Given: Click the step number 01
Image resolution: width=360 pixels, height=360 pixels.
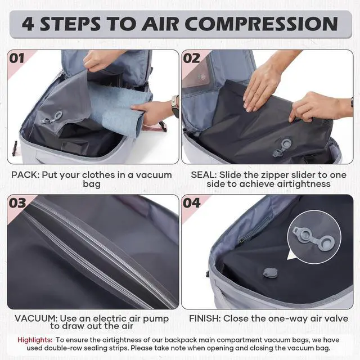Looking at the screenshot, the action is click(x=16, y=58).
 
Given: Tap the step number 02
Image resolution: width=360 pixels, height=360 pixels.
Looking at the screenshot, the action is click(x=191, y=58).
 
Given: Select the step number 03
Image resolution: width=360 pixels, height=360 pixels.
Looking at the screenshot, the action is click(x=17, y=203).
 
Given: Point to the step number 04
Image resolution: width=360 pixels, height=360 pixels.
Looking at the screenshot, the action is click(x=192, y=203).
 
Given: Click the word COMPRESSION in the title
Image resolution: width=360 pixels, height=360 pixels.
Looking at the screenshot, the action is click(x=261, y=24).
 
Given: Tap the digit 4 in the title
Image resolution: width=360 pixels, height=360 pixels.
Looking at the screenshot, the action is click(x=28, y=24).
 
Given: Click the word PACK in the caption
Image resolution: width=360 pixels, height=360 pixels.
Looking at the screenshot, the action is click(x=24, y=175).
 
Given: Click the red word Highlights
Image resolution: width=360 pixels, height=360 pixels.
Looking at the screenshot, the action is click(x=35, y=340).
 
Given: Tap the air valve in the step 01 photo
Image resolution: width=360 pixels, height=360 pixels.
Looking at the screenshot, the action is click(x=52, y=118).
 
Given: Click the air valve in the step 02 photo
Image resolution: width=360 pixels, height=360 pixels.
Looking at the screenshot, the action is click(x=282, y=147).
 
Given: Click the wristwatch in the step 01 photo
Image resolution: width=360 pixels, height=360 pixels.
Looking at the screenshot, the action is click(x=175, y=106).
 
